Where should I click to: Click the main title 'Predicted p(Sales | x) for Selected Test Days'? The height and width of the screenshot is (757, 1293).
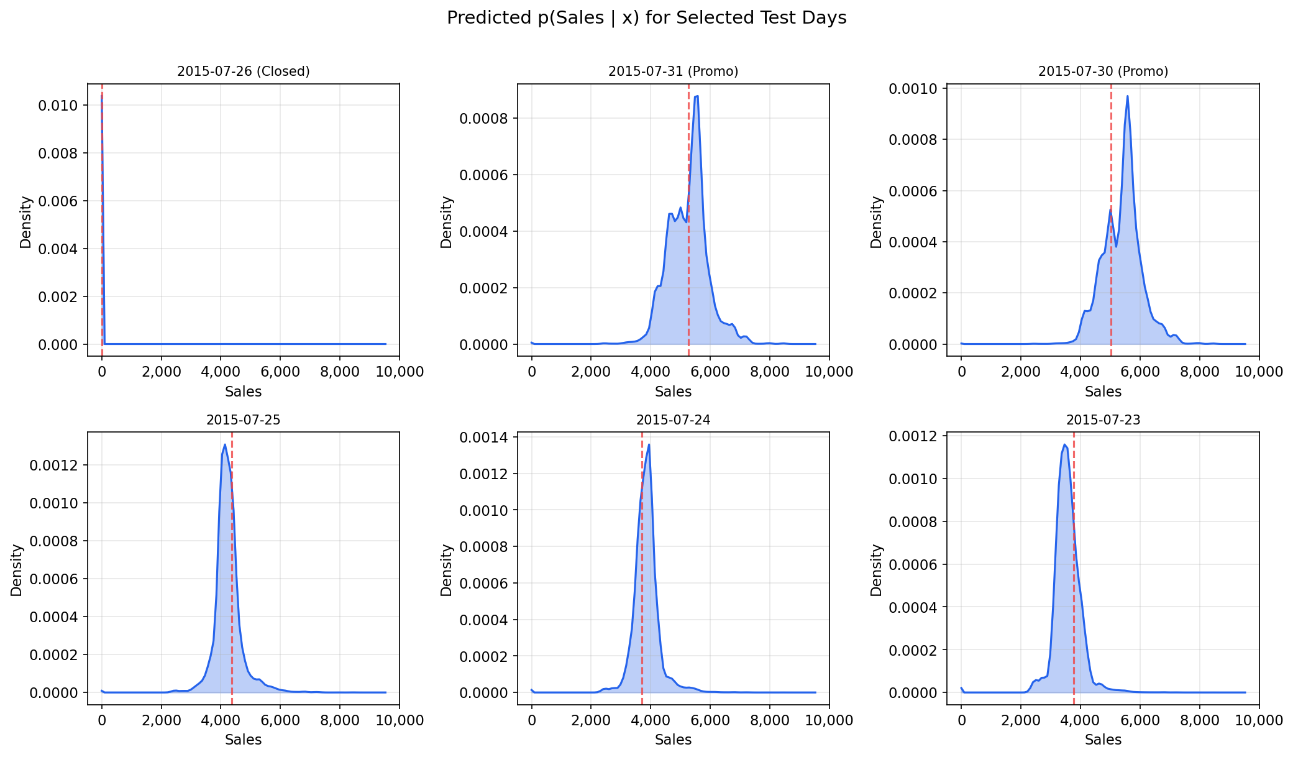click(x=646, y=18)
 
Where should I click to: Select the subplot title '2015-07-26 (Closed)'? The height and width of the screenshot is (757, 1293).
click(x=243, y=71)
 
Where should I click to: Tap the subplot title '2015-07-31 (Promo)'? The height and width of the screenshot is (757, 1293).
click(x=673, y=71)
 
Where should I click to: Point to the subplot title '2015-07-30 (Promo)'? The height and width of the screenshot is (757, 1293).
click(x=1103, y=71)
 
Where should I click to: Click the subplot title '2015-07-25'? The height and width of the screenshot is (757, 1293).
click(x=243, y=420)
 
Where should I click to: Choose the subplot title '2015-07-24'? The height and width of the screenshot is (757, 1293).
click(x=673, y=420)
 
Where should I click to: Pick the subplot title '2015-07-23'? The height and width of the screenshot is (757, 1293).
click(x=1103, y=420)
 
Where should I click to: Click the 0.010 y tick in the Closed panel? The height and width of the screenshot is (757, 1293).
click(x=58, y=106)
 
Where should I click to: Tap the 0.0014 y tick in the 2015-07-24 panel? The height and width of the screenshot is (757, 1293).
click(x=483, y=438)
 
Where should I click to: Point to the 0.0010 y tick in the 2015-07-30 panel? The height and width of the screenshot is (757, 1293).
click(x=913, y=89)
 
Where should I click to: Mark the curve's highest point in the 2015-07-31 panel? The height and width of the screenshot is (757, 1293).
click(x=697, y=96)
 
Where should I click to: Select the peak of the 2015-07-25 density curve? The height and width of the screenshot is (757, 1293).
click(x=224, y=444)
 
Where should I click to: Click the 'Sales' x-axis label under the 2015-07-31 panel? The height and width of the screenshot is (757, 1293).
click(x=673, y=392)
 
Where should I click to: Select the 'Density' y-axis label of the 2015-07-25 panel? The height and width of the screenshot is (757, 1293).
click(x=17, y=570)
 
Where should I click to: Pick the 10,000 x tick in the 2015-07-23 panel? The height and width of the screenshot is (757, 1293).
click(x=1259, y=720)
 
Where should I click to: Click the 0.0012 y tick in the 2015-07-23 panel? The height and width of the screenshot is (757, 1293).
click(x=913, y=436)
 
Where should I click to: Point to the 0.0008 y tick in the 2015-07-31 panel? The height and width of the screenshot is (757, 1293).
click(x=483, y=119)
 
